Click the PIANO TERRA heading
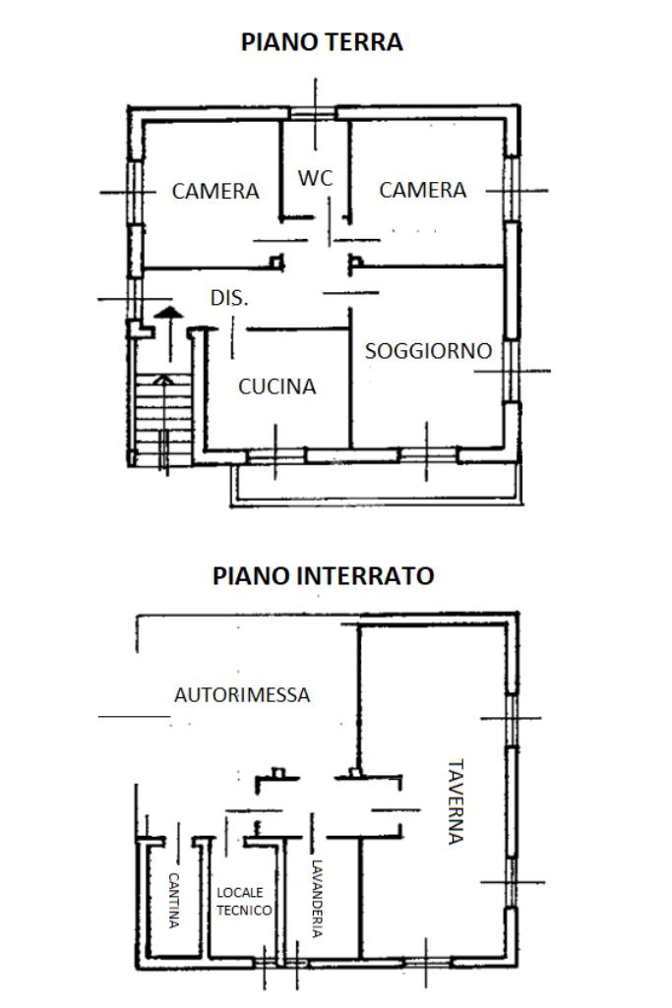322,42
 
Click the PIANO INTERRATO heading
323,576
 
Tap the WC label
316,178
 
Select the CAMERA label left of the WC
215,191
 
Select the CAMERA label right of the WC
423,190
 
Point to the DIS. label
229,297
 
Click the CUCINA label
277,386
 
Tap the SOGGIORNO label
428,351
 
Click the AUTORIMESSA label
242,694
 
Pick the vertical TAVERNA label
454,801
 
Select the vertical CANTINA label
174,900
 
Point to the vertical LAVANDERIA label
316,899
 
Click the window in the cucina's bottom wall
275,455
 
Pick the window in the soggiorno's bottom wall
428,455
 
